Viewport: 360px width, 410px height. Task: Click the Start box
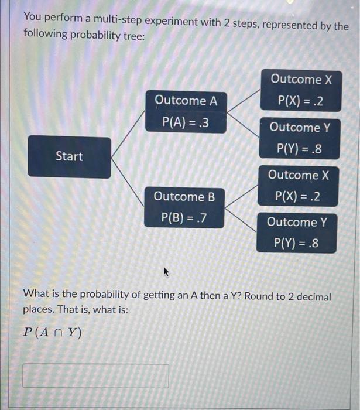pyautogui.click(x=69, y=156)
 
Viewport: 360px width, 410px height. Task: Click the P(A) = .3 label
pyautogui.click(x=185, y=123)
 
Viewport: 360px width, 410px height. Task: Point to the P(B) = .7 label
pyautogui.click(x=184, y=218)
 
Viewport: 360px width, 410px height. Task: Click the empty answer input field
pyautogui.click(x=96, y=376)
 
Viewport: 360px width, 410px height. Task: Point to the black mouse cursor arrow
pyautogui.click(x=166, y=272)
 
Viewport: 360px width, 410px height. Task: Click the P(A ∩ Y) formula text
pyautogui.click(x=53, y=332)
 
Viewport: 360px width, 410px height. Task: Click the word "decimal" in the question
pyautogui.click(x=312, y=296)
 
